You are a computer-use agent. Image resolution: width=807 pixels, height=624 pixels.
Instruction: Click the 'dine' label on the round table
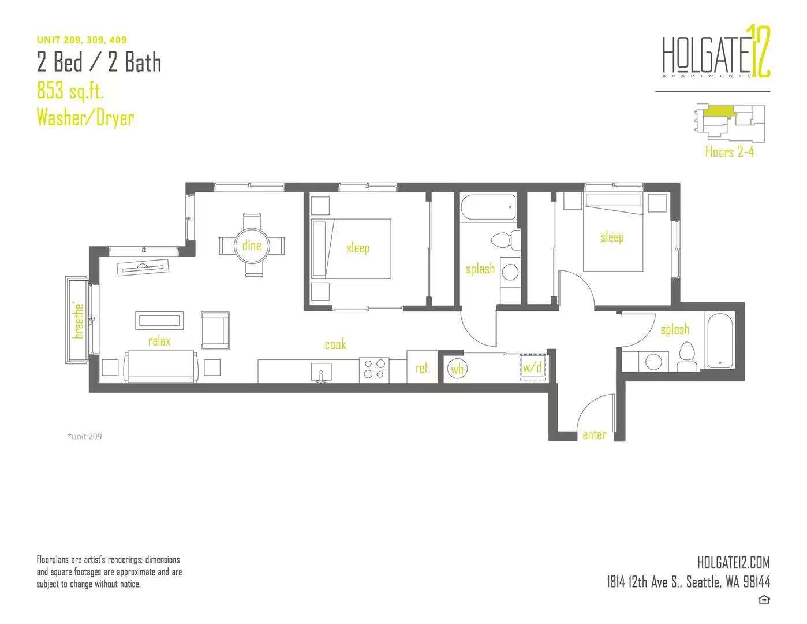252,246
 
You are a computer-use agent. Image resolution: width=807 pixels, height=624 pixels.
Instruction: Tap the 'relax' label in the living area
159,341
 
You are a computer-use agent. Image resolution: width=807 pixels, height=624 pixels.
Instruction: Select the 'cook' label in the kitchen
335,344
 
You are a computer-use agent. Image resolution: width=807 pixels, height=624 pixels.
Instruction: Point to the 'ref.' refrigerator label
422,368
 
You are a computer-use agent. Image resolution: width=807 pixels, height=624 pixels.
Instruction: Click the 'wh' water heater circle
457,369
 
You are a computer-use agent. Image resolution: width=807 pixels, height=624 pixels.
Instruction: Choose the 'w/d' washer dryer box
533,367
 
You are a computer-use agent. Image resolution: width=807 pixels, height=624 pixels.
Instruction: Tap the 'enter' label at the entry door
594,435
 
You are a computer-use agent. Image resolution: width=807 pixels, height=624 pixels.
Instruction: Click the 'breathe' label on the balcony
79,321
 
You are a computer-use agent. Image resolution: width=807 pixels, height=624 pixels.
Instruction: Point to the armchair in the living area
215,330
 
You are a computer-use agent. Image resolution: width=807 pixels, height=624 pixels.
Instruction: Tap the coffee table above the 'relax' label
159,320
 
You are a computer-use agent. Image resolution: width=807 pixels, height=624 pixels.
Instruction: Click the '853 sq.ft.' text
70,91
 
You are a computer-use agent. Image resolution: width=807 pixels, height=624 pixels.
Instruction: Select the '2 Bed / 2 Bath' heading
99,62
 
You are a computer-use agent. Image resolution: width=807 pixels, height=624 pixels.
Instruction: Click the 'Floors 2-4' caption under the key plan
730,152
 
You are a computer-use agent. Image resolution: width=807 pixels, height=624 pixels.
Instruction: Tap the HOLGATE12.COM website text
734,563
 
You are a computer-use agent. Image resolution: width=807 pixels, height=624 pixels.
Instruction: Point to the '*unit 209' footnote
84,436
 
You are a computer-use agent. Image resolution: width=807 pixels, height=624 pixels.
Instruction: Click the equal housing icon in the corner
764,600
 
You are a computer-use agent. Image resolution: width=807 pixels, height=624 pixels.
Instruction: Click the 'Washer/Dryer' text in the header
85,118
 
